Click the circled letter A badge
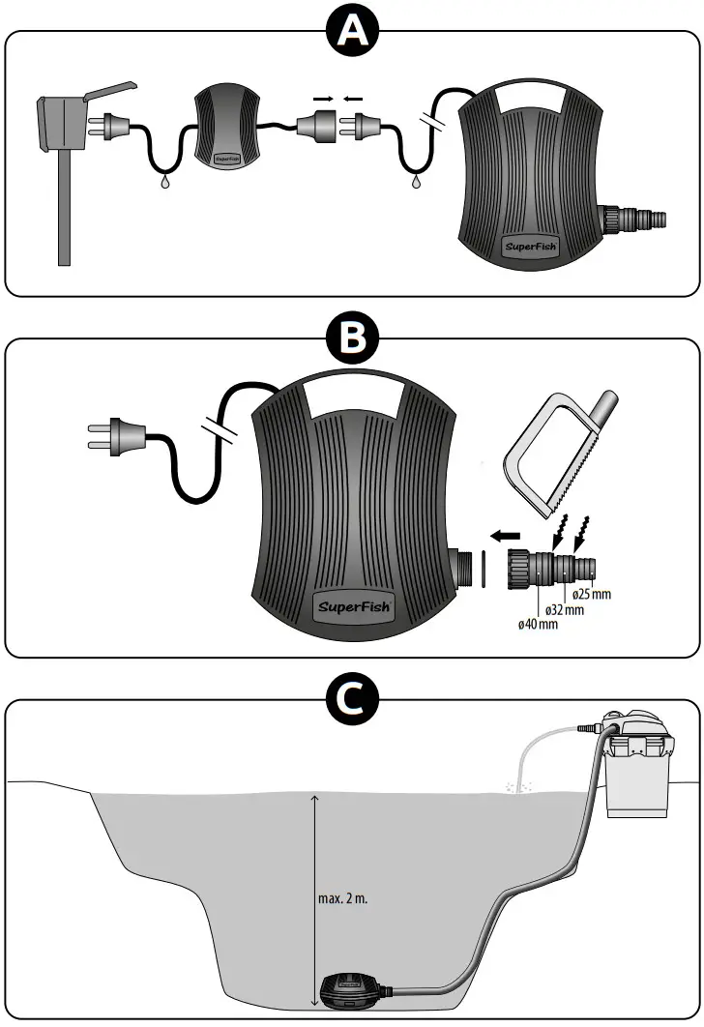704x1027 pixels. pos(351,32)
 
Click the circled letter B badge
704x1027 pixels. pos(351,339)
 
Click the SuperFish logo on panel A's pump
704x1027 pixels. pos(531,246)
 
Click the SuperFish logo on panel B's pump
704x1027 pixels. pos(355,606)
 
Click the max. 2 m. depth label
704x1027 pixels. pos(343,897)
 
